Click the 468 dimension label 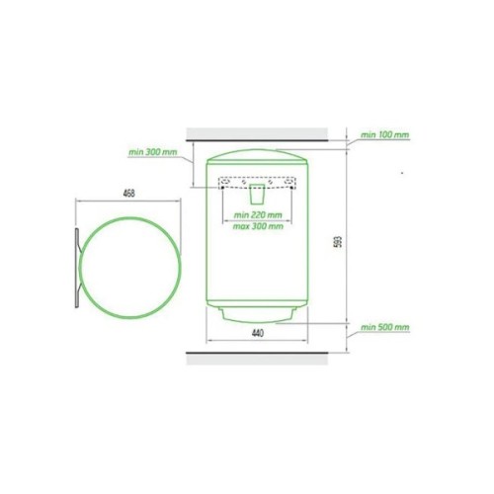coord(129,194)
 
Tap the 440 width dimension coord(258,333)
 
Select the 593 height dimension coord(340,241)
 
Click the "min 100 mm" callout coord(384,134)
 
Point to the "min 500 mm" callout coord(384,327)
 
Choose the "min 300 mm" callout coord(153,152)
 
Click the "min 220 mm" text coord(258,215)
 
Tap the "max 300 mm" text coord(258,226)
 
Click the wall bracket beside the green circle coord(77,268)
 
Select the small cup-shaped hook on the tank coord(257,195)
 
